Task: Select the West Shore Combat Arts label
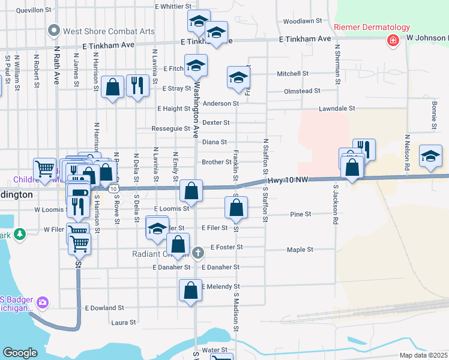coord(109,31)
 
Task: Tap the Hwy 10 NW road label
coord(289,180)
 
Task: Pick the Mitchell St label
coord(292,74)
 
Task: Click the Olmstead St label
coord(302,91)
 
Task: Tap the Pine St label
coord(300,214)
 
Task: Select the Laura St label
coord(123,323)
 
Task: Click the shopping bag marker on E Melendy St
coord(190,290)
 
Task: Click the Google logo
coord(20,353)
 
